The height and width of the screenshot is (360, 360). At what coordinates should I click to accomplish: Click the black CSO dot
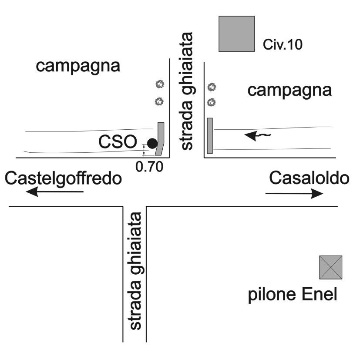pos(152,143)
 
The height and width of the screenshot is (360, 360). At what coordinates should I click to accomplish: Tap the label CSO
pos(117,142)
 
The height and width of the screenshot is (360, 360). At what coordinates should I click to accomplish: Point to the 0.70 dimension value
pos(149,167)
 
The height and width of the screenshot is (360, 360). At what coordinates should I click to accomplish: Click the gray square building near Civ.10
pos(236,34)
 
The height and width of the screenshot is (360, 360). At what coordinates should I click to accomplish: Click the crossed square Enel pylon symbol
pos(331,267)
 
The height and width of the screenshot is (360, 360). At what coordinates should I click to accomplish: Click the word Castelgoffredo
pos(63,178)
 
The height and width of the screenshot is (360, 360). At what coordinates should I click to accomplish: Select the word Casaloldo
pos(309,178)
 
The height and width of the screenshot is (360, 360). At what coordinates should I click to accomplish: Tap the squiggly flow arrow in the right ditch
pos(258,136)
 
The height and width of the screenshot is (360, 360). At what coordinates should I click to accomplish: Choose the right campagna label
pos(289,91)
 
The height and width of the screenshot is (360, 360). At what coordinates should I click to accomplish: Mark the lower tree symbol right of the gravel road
pos(212,103)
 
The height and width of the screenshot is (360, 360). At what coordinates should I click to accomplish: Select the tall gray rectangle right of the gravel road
pos(210,135)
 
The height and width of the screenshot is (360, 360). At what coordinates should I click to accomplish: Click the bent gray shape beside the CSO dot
pos(160,138)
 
